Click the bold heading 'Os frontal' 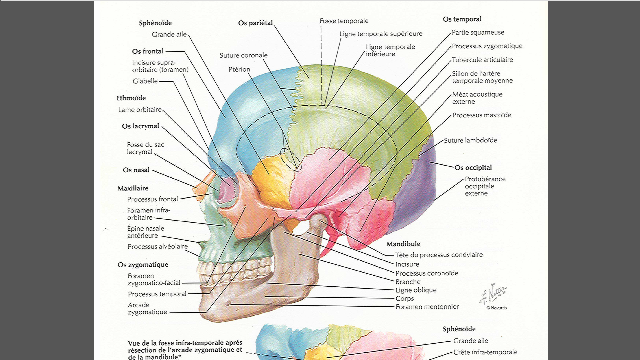coord(148,51)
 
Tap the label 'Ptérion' coord(239,69)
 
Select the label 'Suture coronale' coord(243,55)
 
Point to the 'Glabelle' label coord(145,81)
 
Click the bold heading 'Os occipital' coord(473,167)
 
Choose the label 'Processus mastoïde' coord(482,115)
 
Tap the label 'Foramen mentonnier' coord(427,307)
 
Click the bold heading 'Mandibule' coord(403,244)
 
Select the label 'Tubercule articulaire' coord(482,60)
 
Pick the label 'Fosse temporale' coord(344,21)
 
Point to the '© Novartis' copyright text coord(496,308)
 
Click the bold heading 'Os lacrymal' coord(140,126)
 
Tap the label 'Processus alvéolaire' coord(157,247)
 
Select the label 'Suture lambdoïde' coord(470,140)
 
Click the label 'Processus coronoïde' coord(427,273)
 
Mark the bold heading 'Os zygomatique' coord(143,265)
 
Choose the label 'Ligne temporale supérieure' coord(381,34)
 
